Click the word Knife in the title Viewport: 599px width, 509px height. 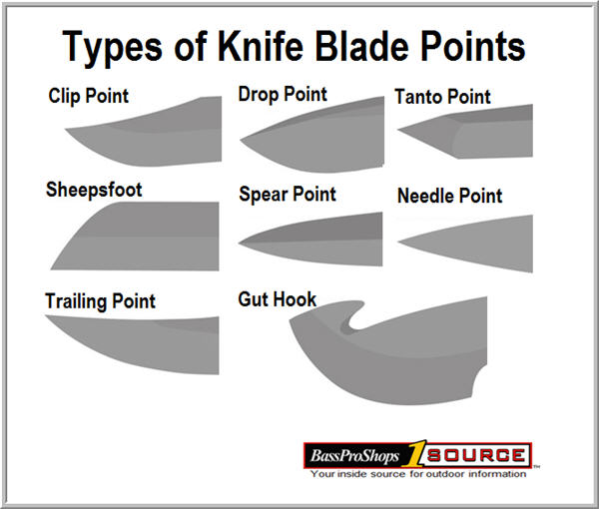click(261, 46)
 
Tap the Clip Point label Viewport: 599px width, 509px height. click(88, 96)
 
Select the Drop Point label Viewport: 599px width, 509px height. click(283, 95)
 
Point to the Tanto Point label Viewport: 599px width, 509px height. click(442, 96)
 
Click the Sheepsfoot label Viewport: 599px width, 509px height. click(94, 190)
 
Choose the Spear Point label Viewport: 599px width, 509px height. click(288, 194)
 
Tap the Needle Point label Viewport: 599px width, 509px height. click(449, 196)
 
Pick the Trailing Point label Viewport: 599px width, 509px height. click(100, 301)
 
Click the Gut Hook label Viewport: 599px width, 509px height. click(277, 299)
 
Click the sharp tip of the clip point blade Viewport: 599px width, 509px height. click(66, 130)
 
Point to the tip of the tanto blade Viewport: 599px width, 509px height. click(398, 130)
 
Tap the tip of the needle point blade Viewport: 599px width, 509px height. click(398, 242)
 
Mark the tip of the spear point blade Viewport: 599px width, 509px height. click(240, 243)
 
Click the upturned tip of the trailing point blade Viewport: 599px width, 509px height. click(46, 316)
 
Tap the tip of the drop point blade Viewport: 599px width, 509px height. click(241, 140)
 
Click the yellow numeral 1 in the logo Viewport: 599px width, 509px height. click(414, 453)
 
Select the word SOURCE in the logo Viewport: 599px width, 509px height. click(476, 455)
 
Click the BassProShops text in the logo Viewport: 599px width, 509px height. click(354, 455)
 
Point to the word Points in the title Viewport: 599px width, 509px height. click(473, 46)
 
